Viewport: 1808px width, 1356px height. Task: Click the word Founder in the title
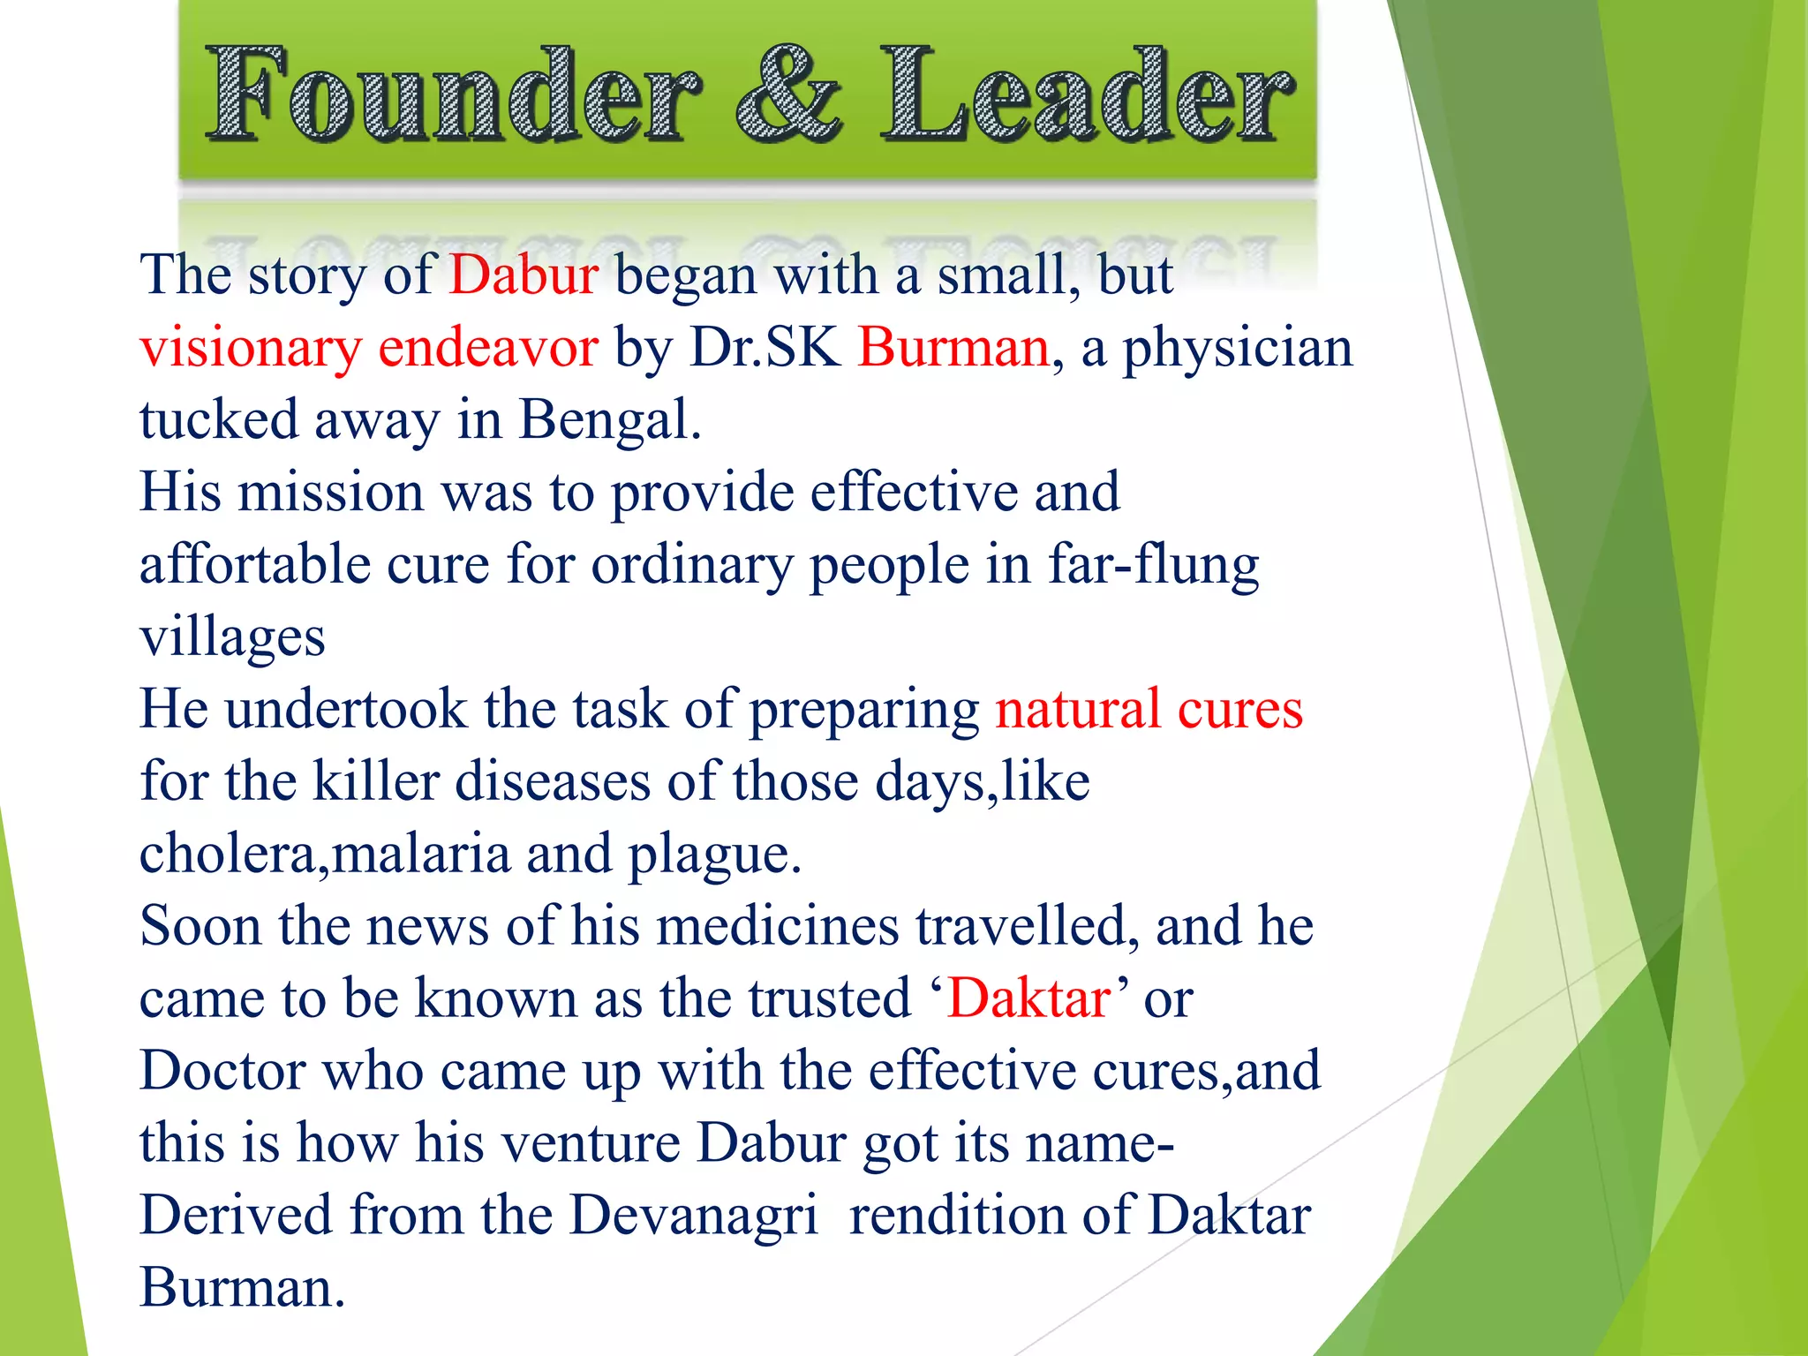[x=454, y=95]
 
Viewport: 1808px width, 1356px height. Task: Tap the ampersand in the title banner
[x=788, y=95]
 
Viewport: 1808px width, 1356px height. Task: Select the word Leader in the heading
[x=1086, y=95]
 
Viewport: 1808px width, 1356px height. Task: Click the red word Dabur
[x=524, y=275]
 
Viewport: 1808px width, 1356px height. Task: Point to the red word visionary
[x=251, y=348]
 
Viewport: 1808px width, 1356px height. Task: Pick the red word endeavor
[x=488, y=347]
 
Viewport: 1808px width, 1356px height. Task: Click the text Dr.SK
[x=765, y=347]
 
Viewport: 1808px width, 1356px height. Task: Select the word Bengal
[x=609, y=420]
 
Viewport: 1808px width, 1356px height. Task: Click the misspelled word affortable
[x=255, y=564]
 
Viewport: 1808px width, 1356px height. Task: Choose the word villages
[x=232, y=637]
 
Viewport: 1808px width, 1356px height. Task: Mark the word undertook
[x=345, y=709]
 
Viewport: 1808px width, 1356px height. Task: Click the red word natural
[x=1078, y=709]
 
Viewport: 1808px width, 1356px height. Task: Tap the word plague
[x=714, y=855]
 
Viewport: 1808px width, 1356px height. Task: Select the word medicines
[x=777, y=926]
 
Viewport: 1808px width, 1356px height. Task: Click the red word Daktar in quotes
[x=1028, y=998]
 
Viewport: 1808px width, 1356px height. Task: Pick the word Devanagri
[x=694, y=1216]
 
